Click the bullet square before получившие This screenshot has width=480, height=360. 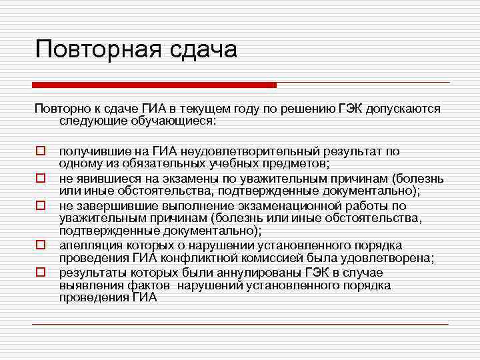coord(41,152)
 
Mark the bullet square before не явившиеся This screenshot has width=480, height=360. coord(41,179)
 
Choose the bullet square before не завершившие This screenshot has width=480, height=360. coord(41,206)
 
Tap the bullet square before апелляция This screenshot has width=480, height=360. coord(41,246)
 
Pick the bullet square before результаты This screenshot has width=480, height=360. coord(41,272)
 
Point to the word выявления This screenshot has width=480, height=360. coord(87,285)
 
